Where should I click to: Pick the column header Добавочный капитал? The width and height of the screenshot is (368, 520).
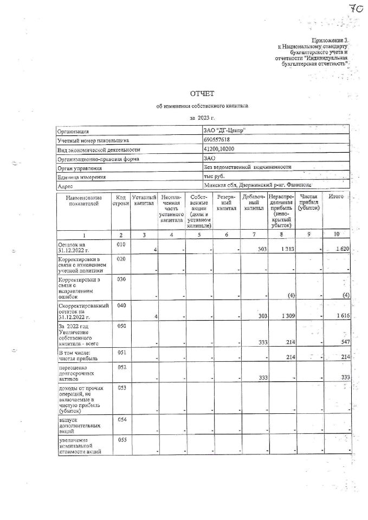click(x=253, y=201)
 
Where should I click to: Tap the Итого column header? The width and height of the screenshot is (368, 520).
click(x=336, y=196)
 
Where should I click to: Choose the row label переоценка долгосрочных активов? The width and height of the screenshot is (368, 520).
click(x=75, y=373)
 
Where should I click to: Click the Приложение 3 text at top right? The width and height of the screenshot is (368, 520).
click(x=329, y=41)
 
